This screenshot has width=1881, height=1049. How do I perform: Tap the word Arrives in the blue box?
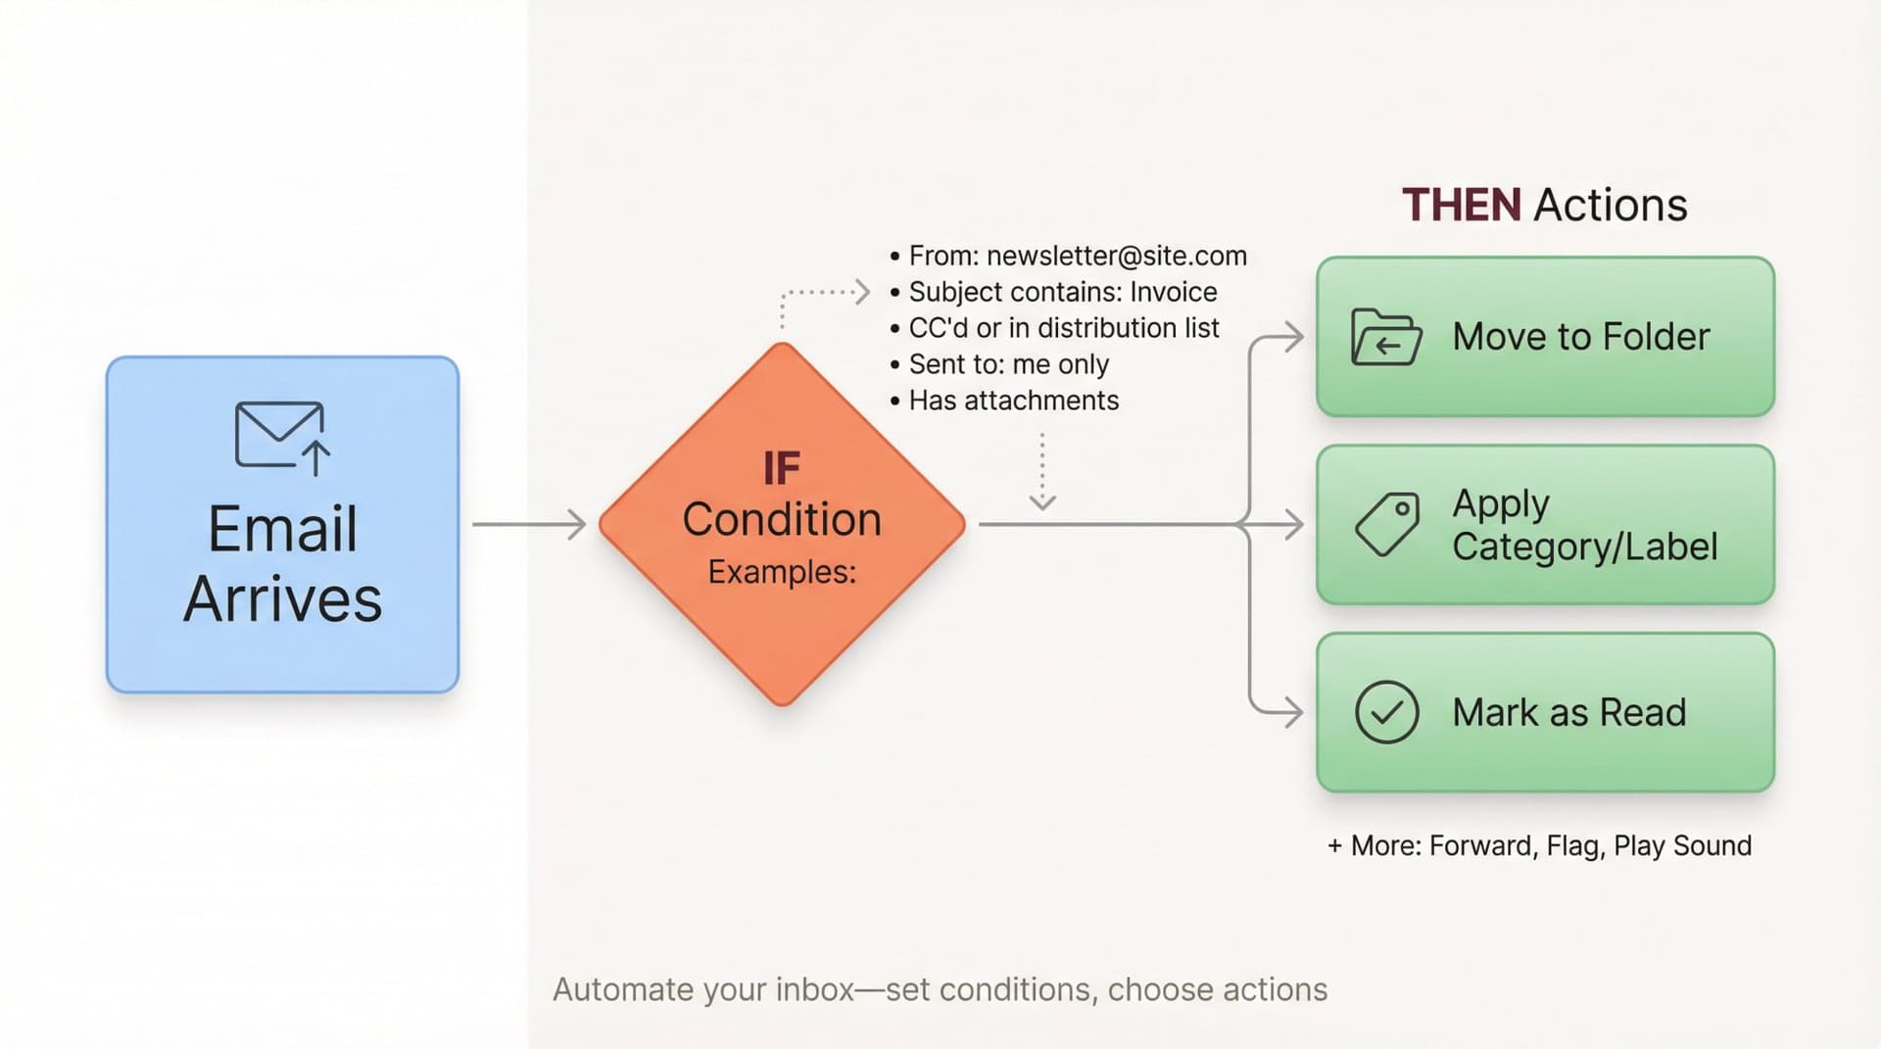click(282, 599)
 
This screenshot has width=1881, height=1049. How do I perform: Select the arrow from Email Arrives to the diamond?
click(528, 524)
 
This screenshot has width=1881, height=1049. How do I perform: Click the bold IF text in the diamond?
click(782, 469)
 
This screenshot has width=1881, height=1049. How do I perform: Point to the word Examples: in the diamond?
click(782, 572)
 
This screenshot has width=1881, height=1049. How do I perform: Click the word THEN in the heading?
click(1461, 205)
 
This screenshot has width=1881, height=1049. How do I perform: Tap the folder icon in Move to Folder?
click(1385, 337)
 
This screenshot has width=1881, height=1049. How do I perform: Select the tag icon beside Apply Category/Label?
click(1387, 524)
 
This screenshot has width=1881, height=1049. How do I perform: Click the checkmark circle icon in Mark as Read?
click(1386, 712)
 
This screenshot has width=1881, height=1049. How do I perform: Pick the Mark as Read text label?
click(1568, 712)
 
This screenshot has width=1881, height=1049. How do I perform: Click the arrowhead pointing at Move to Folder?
click(1293, 337)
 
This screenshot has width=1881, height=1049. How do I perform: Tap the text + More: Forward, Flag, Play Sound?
click(1539, 845)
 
